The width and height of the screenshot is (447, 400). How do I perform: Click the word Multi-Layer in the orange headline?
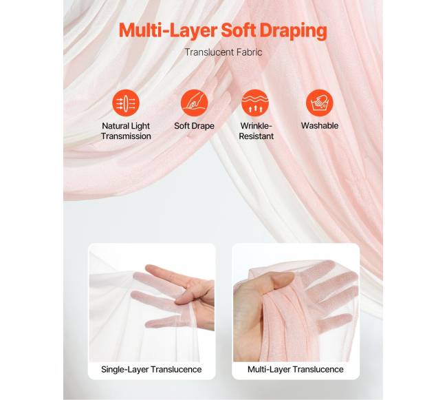(168, 30)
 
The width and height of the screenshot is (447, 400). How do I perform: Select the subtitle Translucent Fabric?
(223, 52)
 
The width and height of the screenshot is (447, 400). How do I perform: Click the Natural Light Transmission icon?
(126, 103)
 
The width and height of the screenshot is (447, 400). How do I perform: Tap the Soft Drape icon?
(194, 103)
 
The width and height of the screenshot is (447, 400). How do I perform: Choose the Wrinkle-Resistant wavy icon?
(255, 103)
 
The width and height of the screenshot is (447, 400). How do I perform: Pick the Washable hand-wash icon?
(320, 103)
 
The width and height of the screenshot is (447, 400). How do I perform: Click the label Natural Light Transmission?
(126, 131)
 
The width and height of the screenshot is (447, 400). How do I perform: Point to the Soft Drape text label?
(194, 126)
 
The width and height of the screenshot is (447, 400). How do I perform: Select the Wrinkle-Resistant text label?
(256, 131)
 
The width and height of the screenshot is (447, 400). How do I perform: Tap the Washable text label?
(320, 125)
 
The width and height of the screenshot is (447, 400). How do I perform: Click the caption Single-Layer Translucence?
(151, 370)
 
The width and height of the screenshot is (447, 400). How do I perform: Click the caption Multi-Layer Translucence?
(295, 370)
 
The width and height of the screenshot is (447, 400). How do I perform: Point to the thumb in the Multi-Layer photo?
(281, 279)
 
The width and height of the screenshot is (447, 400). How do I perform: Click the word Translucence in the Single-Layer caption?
(176, 370)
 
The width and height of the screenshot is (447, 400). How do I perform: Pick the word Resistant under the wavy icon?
(256, 136)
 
